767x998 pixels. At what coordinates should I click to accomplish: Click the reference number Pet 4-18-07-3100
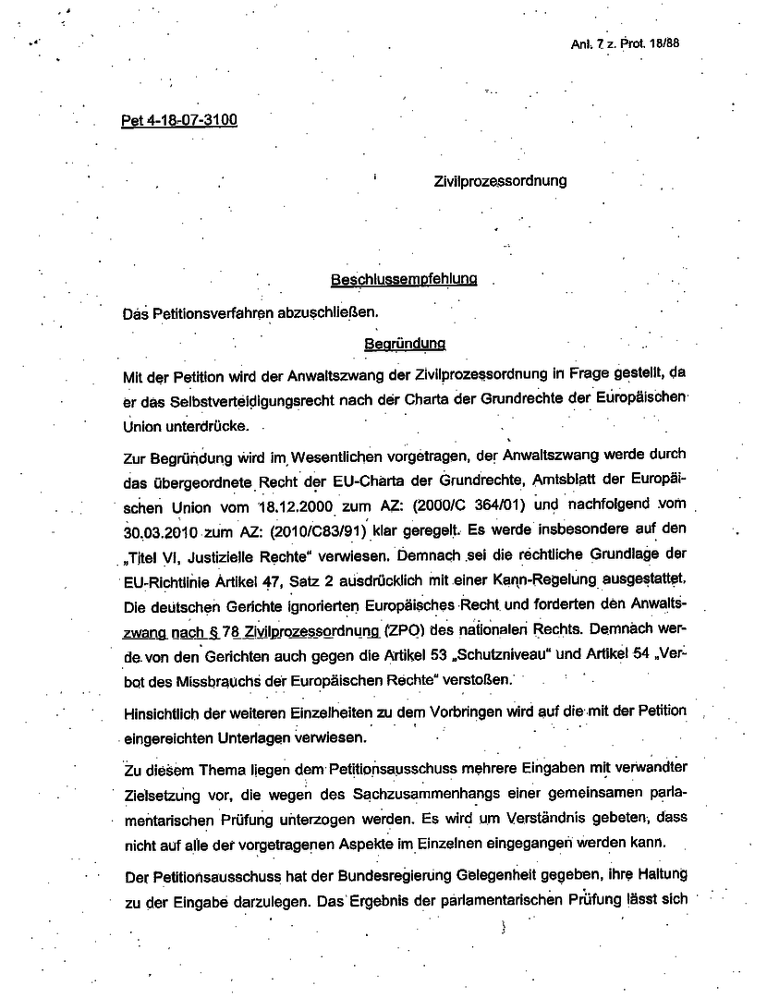coord(179,121)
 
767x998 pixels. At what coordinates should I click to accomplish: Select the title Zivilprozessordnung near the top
coord(500,181)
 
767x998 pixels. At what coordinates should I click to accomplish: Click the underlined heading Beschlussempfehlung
coord(404,279)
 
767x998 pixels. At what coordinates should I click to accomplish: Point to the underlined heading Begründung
coord(405,343)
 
